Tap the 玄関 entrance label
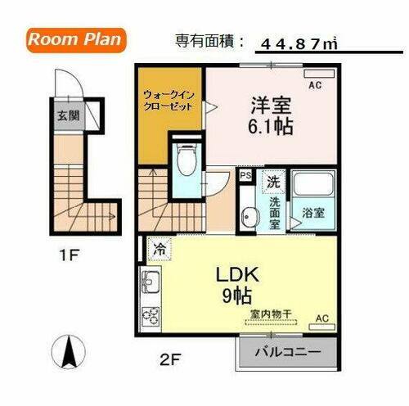(x=67, y=115)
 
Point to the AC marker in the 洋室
(x=314, y=84)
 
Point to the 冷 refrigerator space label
(x=159, y=246)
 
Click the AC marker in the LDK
(x=321, y=318)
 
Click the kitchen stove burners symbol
(x=150, y=314)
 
